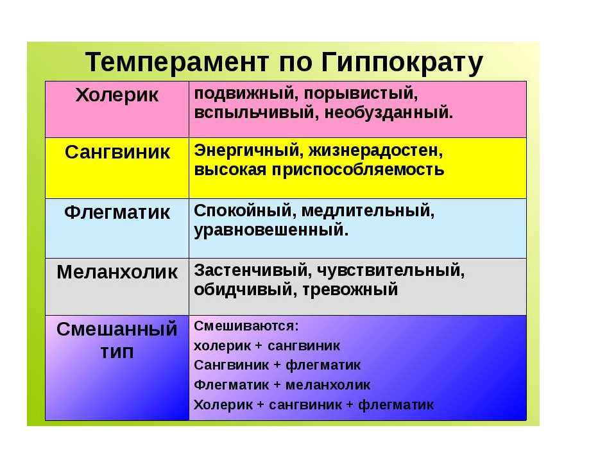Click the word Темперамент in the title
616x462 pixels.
[177, 62]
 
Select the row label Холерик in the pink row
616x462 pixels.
[117, 96]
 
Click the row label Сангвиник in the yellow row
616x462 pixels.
[117, 152]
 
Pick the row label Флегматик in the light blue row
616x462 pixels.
[117, 212]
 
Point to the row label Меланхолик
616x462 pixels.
[117, 272]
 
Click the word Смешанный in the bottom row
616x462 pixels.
[117, 329]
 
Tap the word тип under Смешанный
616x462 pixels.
[117, 352]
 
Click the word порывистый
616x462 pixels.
[361, 94]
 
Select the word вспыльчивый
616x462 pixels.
[256, 113]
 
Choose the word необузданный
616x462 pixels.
[389, 113]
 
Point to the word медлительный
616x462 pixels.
[368, 211]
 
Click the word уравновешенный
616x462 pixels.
[271, 230]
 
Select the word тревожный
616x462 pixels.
[350, 290]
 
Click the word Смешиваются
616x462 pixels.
[246, 327]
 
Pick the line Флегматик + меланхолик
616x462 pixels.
[282, 385]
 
